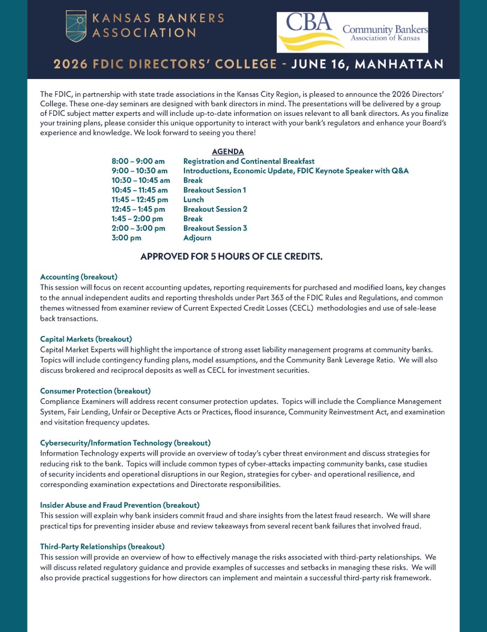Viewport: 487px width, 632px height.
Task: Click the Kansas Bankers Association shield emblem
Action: pos(76,26)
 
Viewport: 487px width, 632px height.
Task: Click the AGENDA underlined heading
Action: pos(228,152)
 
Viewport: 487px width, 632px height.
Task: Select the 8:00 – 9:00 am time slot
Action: pos(138,161)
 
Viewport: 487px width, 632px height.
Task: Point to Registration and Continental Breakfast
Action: pos(249,161)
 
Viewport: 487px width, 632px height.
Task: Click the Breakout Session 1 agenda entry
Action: pos(215,190)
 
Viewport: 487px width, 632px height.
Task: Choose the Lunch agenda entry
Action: pos(193,200)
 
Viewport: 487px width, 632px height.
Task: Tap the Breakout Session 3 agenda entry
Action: pos(215,228)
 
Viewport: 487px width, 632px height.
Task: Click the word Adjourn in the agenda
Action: pos(197,238)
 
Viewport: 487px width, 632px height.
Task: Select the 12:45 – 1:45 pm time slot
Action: pos(138,209)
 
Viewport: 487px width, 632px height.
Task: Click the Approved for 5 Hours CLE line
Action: pos(231,257)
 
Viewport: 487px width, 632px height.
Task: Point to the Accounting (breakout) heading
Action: pos(79,276)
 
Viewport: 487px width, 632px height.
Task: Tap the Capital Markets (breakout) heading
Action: pos(86,339)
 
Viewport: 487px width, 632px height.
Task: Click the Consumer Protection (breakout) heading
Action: pos(95,391)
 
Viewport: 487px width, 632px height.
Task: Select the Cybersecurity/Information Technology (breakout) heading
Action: pos(125,443)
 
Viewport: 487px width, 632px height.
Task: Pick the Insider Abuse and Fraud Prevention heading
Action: pos(120,505)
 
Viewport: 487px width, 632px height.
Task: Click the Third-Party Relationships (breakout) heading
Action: pos(102,547)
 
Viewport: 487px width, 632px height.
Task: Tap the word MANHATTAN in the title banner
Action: pos(399,64)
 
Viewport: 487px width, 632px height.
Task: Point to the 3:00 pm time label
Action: pos(126,238)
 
